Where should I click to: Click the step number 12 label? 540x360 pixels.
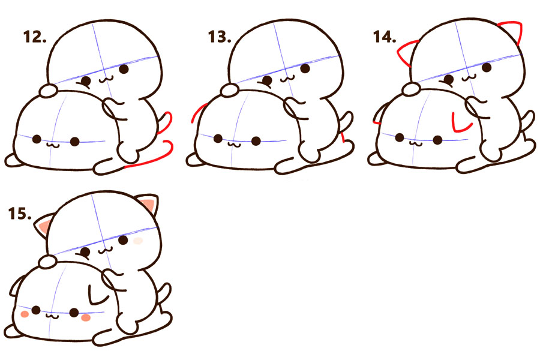[35, 37]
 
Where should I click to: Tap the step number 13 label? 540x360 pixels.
[220, 37]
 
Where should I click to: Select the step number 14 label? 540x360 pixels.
[385, 37]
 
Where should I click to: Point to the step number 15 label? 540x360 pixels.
[20, 214]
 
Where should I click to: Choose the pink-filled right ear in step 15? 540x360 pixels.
[149, 203]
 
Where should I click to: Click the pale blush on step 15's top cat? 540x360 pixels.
[138, 241]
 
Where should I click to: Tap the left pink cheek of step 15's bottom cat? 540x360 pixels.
[25, 314]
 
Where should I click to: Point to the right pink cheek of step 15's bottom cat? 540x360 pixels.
[86, 317]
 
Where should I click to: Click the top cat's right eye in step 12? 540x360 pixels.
[124, 69]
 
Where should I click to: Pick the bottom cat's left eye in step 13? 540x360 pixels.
[218, 139]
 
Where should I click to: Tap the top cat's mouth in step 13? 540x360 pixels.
[287, 79]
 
